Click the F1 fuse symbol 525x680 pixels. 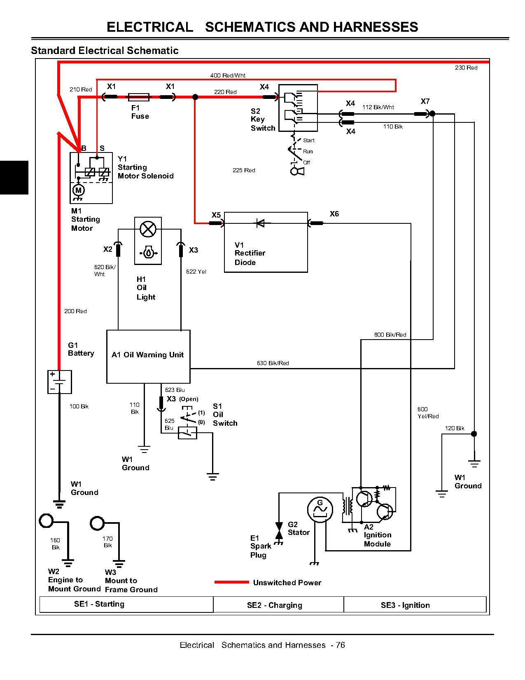(138, 97)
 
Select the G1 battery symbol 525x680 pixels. (60, 382)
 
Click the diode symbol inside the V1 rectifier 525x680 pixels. (260, 223)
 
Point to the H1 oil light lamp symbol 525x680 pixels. (148, 229)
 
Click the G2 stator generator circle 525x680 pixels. (320, 509)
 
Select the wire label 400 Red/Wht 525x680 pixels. (228, 75)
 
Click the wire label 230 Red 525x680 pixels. (466, 68)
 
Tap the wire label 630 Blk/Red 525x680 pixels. (273, 363)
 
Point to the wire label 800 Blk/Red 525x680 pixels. (390, 335)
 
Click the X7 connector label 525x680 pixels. (425, 101)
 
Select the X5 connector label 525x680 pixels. (216, 215)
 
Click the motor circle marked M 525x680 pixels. (78, 190)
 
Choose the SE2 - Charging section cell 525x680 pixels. (274, 605)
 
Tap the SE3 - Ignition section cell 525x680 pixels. (405, 605)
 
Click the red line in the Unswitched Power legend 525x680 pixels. (231, 582)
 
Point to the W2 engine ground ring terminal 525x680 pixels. (46, 521)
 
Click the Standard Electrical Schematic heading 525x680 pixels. (105, 51)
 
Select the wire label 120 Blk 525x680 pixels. (455, 428)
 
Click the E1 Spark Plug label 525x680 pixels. (261, 546)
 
